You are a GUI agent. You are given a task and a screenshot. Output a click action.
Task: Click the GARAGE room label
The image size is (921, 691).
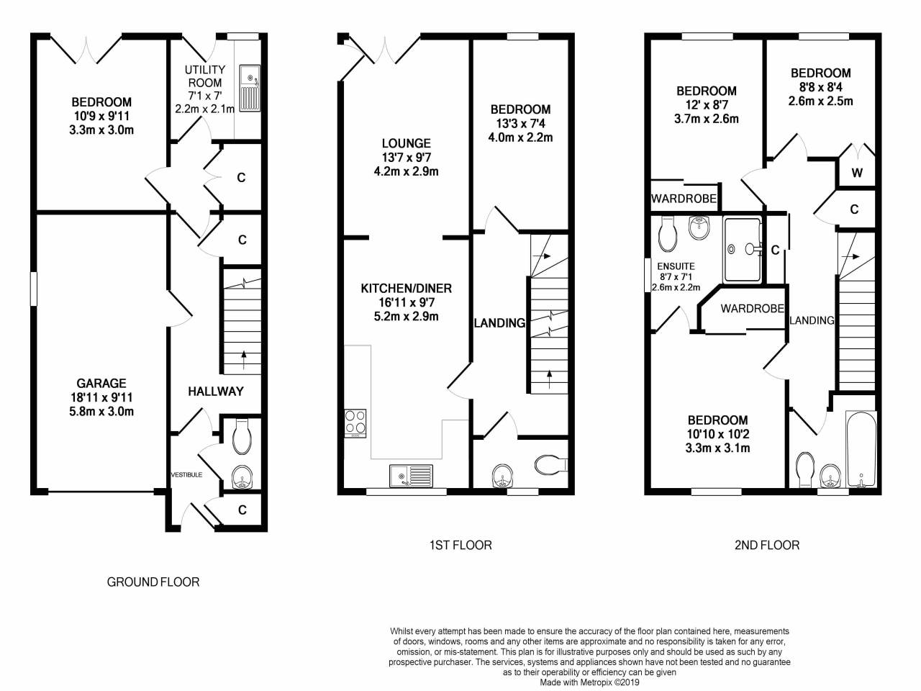[x=101, y=383]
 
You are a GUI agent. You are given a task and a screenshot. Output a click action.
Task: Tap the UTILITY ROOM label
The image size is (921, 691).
[x=205, y=76]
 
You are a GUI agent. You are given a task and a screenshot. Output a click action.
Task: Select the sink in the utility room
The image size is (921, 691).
[x=250, y=88]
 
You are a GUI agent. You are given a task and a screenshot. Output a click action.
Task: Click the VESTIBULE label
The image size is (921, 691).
[x=186, y=474]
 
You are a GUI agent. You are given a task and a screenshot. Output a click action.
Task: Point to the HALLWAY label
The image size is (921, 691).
[x=216, y=392]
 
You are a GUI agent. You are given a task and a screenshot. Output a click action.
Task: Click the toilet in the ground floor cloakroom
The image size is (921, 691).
[x=241, y=436]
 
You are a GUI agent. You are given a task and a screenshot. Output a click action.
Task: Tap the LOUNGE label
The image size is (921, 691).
[x=406, y=143]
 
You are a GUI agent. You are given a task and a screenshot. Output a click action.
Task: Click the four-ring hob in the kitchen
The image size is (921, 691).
[x=355, y=423]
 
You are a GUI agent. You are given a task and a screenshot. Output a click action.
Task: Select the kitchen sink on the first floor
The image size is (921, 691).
[x=411, y=475]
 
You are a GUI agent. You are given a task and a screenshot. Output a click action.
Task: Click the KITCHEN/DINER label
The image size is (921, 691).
[x=406, y=288]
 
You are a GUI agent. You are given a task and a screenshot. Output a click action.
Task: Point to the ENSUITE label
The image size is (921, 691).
[x=676, y=266]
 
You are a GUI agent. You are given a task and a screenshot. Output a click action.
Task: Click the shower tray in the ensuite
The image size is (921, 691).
[x=743, y=250]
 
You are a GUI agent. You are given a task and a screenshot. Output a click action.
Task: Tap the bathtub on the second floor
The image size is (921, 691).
[x=861, y=449]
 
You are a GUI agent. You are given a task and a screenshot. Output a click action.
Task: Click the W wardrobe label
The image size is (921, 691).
[x=857, y=173]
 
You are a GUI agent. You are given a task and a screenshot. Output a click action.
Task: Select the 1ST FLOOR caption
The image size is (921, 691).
[x=460, y=545]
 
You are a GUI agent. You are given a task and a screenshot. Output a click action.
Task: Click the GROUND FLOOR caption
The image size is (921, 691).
[x=153, y=582]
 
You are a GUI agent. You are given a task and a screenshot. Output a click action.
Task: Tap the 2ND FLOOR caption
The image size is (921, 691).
[x=767, y=545]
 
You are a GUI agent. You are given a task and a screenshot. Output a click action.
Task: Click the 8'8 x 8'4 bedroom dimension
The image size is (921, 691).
[x=820, y=87]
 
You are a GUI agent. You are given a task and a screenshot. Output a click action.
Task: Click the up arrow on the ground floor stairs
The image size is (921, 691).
[x=243, y=360]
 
